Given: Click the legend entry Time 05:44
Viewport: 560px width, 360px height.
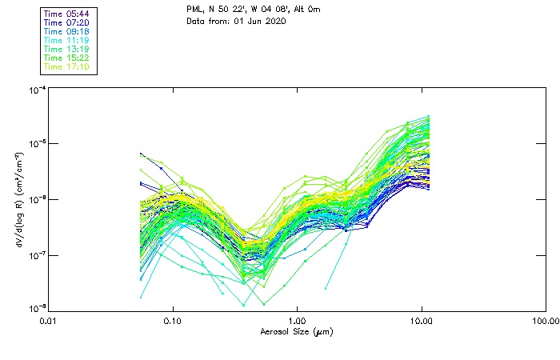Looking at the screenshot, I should (67, 14).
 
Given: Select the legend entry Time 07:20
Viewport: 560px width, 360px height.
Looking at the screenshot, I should (67, 23).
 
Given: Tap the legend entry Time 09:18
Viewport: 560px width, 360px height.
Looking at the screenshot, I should (67, 32).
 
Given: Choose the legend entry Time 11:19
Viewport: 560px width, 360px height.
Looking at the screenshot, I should (67, 41).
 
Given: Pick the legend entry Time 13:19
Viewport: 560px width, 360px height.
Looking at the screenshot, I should (67, 50).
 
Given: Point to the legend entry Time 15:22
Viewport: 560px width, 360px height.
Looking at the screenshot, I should (67, 58).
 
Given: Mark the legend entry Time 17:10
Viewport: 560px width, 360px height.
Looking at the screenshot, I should (67, 67).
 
